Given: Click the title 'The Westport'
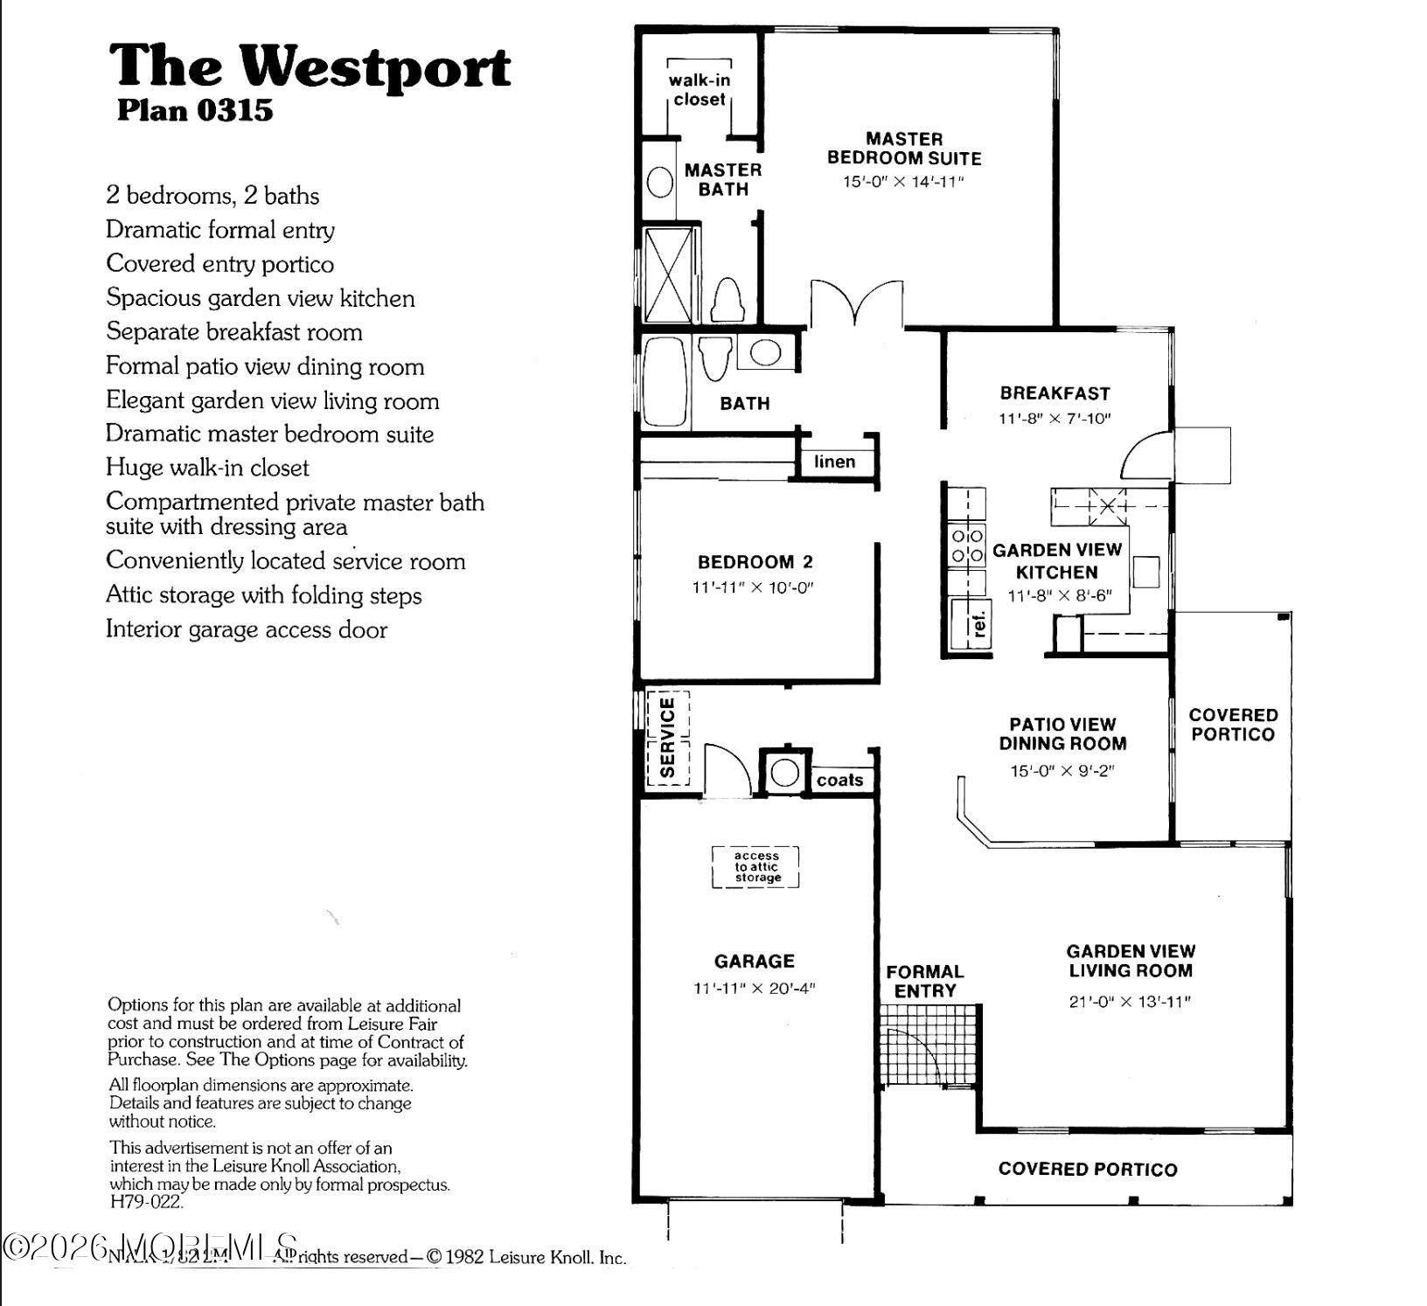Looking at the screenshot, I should pyautogui.click(x=310, y=66).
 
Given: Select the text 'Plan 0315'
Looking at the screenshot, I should pyautogui.click(x=195, y=111).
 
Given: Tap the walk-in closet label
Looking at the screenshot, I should pyautogui.click(x=699, y=90).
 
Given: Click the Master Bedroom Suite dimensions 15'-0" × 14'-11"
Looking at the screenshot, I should pyautogui.click(x=903, y=182).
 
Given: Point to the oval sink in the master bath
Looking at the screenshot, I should pyautogui.click(x=660, y=182).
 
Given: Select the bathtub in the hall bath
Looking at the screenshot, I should pyautogui.click(x=665, y=382).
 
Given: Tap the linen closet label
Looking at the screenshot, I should pyautogui.click(x=834, y=462).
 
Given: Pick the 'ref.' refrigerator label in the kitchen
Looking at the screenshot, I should pyautogui.click(x=979, y=624).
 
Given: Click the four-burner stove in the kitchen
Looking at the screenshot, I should pyautogui.click(x=967, y=545).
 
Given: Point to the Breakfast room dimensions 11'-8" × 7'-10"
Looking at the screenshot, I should pyautogui.click(x=1055, y=418).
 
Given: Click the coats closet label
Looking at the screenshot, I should pyautogui.click(x=839, y=780).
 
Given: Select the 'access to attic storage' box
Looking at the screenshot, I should pyautogui.click(x=756, y=867).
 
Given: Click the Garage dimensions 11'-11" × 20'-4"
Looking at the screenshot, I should pyautogui.click(x=754, y=989).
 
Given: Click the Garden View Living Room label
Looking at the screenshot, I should pyautogui.click(x=1130, y=961).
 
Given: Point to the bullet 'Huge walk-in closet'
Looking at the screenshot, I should pyautogui.click(x=207, y=468).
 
